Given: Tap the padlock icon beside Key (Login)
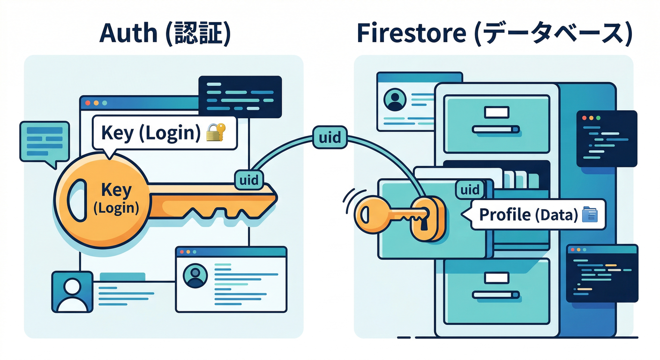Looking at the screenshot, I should (216, 133).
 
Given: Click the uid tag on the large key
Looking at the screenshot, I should (248, 180).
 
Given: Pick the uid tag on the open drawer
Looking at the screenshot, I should (470, 190).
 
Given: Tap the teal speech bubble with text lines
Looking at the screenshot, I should (45, 142).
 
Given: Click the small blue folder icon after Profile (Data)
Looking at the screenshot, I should (589, 215).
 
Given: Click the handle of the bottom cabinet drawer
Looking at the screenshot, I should (496, 295).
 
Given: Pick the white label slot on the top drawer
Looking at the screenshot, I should (496, 112).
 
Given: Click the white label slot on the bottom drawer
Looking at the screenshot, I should (496, 278).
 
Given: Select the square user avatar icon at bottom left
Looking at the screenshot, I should (72, 292).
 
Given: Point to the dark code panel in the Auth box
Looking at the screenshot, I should (240, 97).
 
